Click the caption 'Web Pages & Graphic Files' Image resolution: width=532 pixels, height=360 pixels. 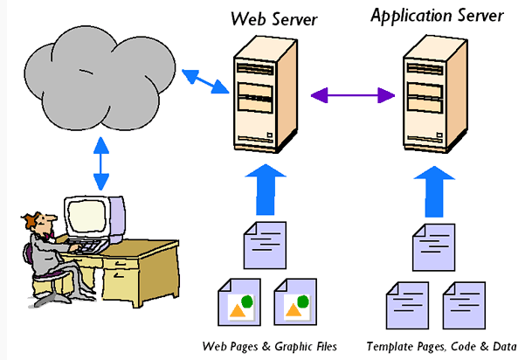(x=269, y=344)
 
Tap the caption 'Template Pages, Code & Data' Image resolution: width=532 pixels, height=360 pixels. (x=441, y=344)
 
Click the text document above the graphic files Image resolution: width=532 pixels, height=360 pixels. (x=262, y=245)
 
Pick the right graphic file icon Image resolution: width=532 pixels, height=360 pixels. (x=294, y=303)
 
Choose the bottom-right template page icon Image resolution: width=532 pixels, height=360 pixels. (x=464, y=303)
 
